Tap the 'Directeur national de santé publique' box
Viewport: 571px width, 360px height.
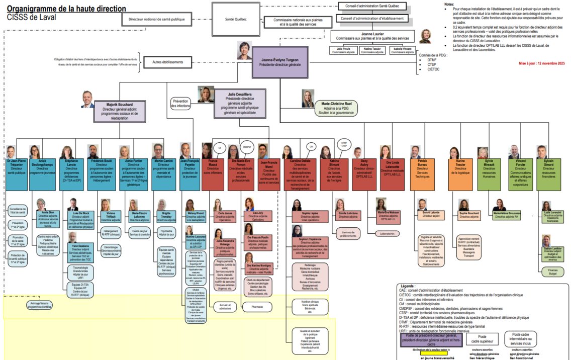coord(157,20)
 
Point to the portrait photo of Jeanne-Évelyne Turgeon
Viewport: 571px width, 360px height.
coord(245,50)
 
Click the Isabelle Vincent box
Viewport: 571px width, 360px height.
coord(402,50)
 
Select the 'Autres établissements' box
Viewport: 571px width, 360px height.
coord(167,63)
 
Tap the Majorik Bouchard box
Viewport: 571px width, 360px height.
coord(120,110)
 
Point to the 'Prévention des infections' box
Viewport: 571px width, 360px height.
coord(180,103)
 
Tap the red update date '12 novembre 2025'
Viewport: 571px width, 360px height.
coord(542,64)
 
